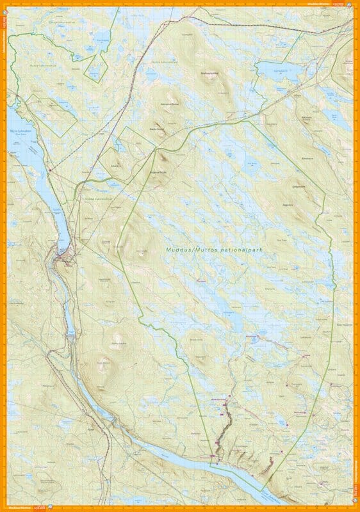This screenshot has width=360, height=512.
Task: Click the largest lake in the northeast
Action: point(279,72)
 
